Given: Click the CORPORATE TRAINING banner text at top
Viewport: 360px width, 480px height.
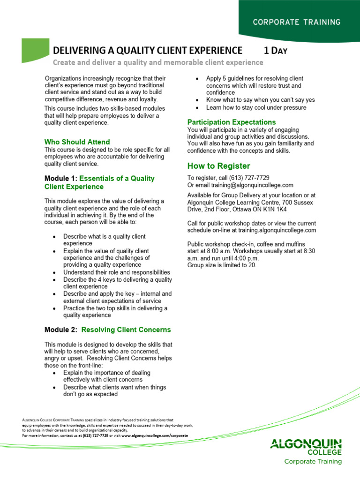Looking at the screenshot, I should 297,22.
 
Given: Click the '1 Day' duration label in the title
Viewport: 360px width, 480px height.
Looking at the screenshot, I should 275,51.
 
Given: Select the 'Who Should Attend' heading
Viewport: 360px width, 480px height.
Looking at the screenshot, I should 77,142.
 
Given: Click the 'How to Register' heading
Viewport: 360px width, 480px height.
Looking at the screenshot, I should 218,166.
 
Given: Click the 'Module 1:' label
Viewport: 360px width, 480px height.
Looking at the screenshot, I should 61,178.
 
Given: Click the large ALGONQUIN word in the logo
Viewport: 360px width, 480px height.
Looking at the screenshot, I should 306,443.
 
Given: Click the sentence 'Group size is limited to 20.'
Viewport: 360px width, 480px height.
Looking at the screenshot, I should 222,265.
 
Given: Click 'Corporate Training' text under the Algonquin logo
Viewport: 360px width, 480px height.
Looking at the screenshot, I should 313,461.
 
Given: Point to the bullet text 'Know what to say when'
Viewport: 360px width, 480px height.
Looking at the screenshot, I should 244,100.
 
